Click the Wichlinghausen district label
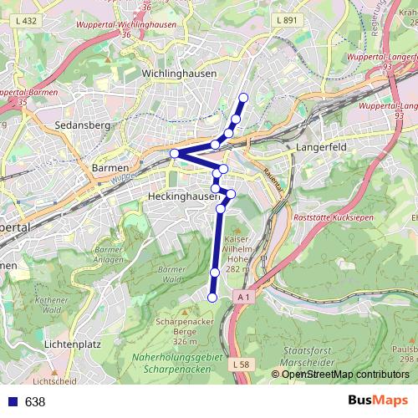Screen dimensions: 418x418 [x=180, y=74]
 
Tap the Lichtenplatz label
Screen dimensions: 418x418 [x=73, y=344]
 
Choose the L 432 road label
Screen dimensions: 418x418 [x=27, y=20]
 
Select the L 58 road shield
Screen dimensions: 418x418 [x=241, y=365]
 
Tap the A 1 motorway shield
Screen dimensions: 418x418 [x=243, y=297]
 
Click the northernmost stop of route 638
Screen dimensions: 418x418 [x=243, y=98]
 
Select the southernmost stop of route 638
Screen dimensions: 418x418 [x=212, y=298]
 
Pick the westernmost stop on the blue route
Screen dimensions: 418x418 [x=174, y=153]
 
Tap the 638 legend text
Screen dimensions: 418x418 [x=35, y=402]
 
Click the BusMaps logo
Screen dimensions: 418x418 [x=377, y=401]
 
